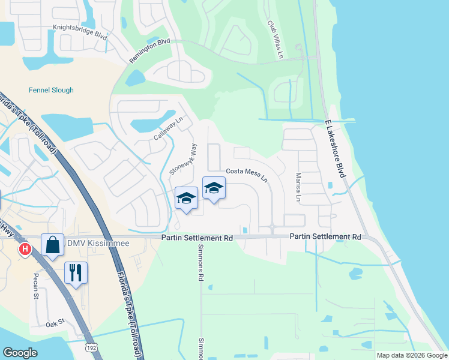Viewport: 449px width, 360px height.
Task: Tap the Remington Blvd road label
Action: pos(149,50)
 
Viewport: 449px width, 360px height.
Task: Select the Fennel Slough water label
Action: pos(51,91)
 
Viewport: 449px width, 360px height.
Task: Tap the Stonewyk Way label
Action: pos(183,158)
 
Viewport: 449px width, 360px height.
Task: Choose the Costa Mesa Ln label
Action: pos(246,175)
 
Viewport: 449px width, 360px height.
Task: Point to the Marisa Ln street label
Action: pos(298,187)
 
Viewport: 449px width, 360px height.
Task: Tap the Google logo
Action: pos(20,353)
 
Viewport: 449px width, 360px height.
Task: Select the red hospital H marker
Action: pos(25,248)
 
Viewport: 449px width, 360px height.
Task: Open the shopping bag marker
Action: pos(52,245)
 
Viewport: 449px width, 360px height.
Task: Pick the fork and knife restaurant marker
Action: pos(76,272)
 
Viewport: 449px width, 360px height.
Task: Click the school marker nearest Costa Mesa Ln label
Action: pos(213,188)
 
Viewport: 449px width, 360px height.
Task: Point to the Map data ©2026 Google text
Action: pos(412,355)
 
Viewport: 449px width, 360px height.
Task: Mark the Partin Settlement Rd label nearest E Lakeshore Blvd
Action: pos(325,238)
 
